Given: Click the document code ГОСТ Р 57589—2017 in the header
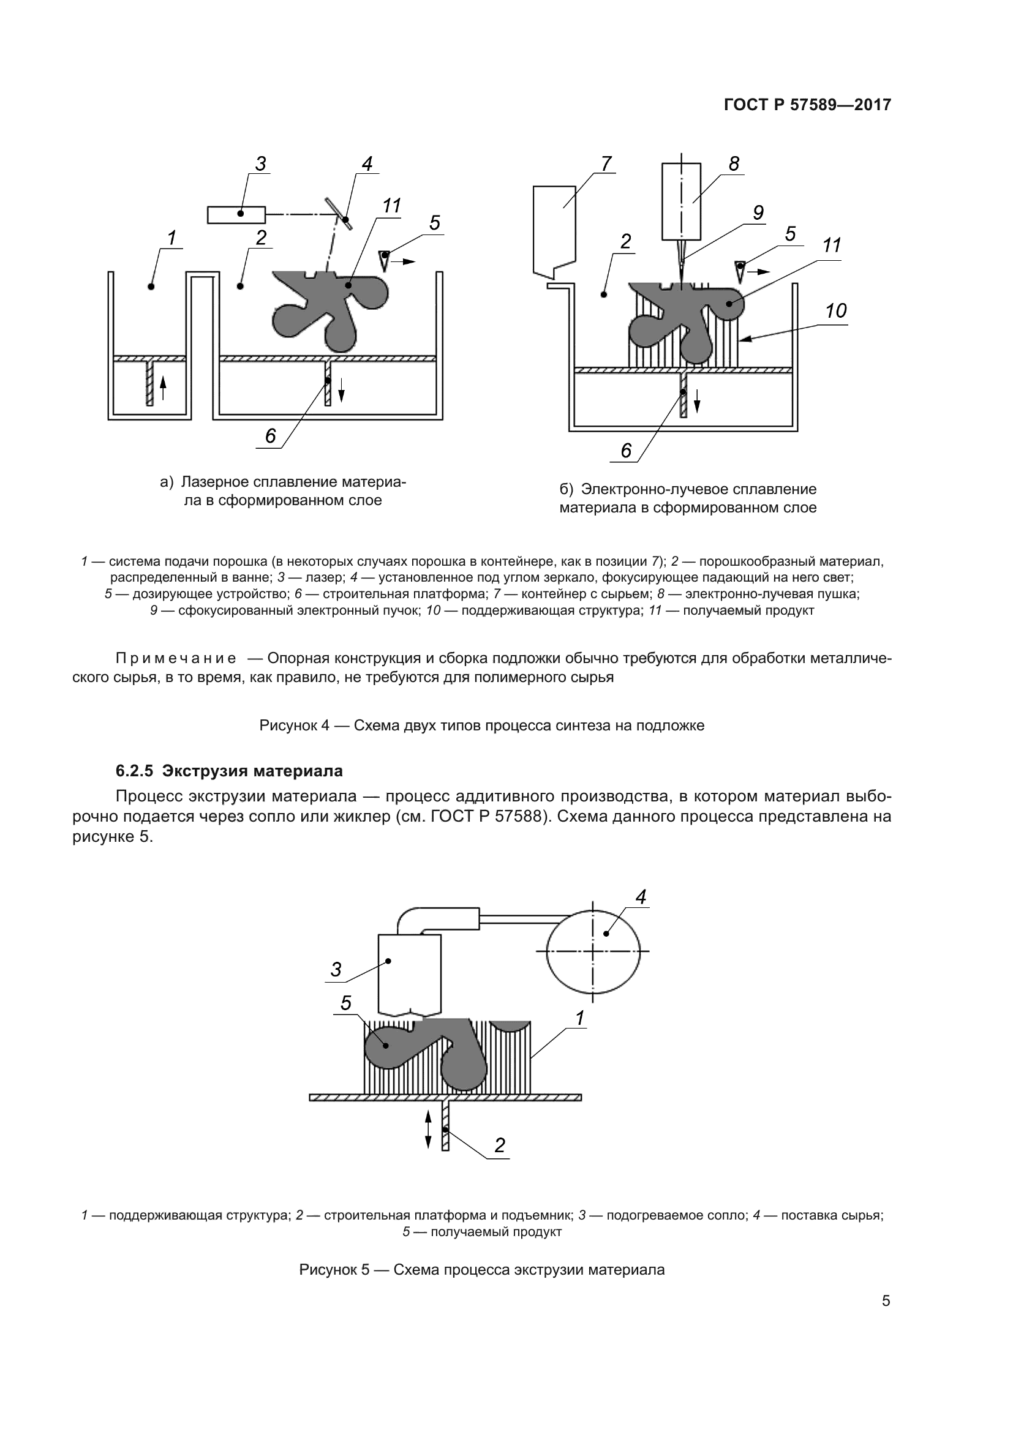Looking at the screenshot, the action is click(x=807, y=105).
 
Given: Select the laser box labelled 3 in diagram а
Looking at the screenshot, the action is click(x=236, y=214).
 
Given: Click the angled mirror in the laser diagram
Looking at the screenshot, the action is click(x=337, y=214).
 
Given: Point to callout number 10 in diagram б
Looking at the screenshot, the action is click(x=835, y=310).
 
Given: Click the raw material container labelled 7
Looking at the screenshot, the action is click(x=554, y=231).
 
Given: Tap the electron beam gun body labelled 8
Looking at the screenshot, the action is click(x=681, y=201).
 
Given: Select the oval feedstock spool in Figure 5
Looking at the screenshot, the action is click(x=593, y=951).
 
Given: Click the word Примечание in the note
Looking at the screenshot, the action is click(x=176, y=659).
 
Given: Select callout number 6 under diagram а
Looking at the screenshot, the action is click(x=270, y=436).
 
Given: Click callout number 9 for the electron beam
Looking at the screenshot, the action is click(x=758, y=212).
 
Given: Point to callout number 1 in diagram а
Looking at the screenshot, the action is click(x=171, y=238).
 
